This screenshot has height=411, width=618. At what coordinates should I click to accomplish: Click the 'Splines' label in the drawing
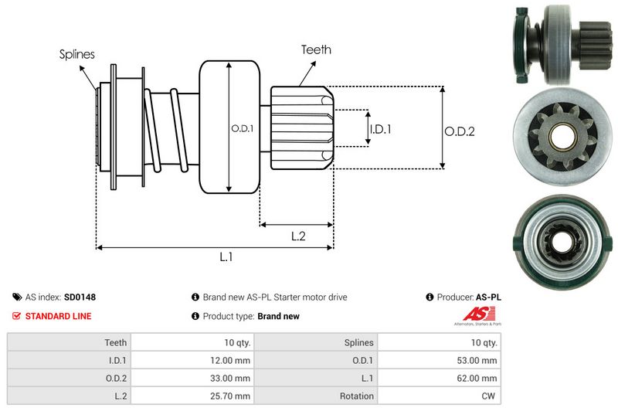click(x=77, y=55)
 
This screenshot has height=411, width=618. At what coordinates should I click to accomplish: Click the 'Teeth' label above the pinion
click(x=316, y=49)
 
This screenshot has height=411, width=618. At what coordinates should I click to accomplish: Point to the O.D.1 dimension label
click(x=242, y=129)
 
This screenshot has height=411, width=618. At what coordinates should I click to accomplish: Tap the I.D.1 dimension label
click(x=380, y=129)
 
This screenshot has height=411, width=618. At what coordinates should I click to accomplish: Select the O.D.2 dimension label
click(x=459, y=131)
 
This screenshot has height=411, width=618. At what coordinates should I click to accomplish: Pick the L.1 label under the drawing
click(x=226, y=257)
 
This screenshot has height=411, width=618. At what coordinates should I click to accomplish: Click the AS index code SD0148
click(x=80, y=297)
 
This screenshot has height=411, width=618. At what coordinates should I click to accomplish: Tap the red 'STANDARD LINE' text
click(x=58, y=316)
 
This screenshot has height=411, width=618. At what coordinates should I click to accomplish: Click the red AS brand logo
click(x=472, y=314)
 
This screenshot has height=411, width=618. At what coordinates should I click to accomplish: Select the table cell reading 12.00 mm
click(x=232, y=359)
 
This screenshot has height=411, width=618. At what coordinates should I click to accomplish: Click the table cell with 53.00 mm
click(x=480, y=359)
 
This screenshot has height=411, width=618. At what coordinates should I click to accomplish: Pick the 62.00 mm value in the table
click(x=480, y=378)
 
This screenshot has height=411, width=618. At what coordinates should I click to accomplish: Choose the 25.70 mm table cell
click(x=232, y=396)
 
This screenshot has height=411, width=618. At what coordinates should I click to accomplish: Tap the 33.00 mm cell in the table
click(x=232, y=378)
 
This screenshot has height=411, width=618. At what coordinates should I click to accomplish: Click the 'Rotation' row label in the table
click(x=357, y=396)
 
